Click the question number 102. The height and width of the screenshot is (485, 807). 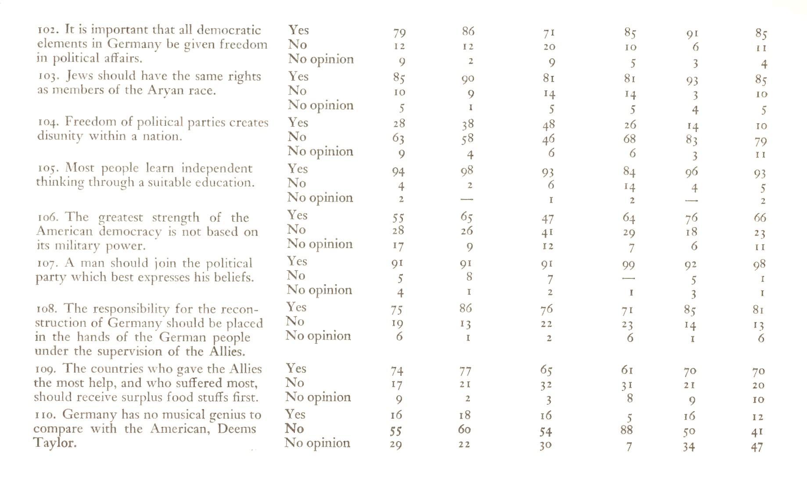tap(48, 30)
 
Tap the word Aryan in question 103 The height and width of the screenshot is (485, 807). tap(166, 90)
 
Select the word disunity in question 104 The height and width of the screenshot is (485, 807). tap(60, 136)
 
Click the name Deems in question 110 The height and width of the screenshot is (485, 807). tap(237, 428)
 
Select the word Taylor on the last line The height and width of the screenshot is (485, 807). tap(54, 442)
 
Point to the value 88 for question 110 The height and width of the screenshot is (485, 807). tap(627, 430)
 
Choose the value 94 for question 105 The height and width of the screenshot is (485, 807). tap(398, 171)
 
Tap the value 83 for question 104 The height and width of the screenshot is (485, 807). tap(692, 141)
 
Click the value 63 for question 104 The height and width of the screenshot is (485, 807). tap(398, 139)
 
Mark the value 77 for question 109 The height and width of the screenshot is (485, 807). tap(465, 371)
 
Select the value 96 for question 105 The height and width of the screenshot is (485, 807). tap(691, 171)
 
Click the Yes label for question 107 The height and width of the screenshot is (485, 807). tap(297, 261)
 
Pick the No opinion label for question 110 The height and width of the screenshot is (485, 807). tap(317, 443)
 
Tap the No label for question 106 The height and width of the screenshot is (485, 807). tap(296, 230)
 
